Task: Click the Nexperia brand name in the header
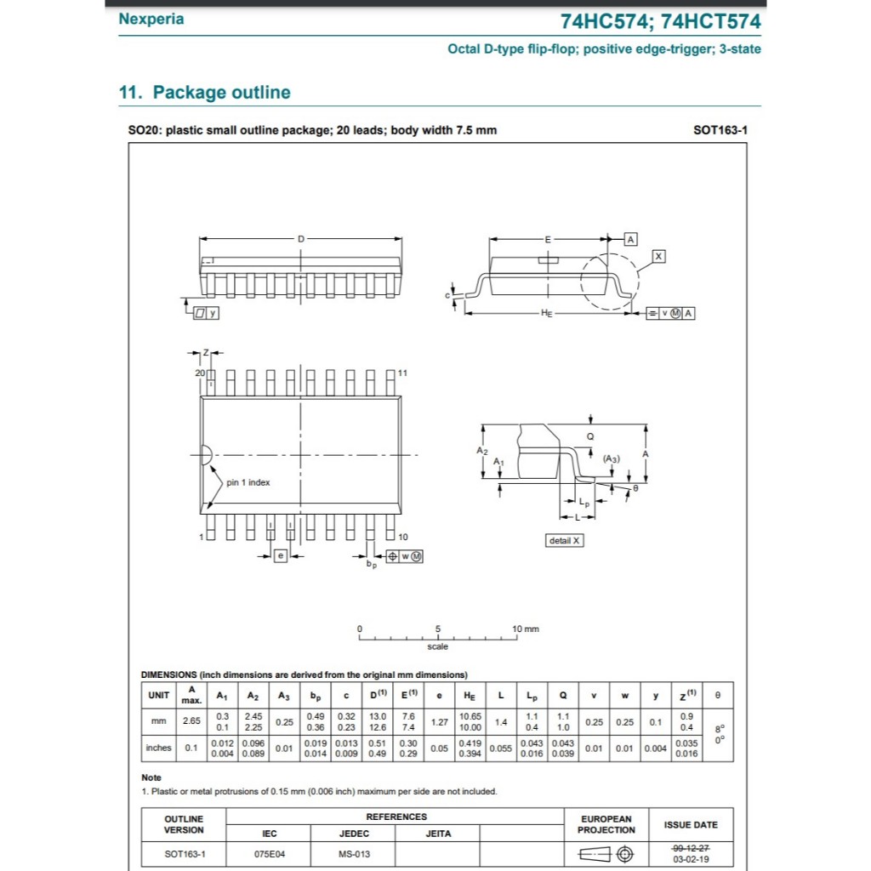tap(151, 19)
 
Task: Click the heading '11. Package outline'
tap(204, 93)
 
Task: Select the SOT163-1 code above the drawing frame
tap(720, 130)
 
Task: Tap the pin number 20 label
tap(200, 373)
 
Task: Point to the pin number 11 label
tap(402, 373)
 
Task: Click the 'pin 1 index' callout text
tap(248, 482)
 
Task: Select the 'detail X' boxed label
tap(565, 540)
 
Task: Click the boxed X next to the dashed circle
tap(658, 256)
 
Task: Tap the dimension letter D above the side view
tap(300, 239)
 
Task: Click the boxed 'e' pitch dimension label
tap(280, 555)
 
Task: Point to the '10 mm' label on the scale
tap(525, 629)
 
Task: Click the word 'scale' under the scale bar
tap(438, 646)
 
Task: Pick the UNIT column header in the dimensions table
tap(159, 695)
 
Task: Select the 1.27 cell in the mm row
tap(439, 721)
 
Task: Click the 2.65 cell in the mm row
tap(191, 721)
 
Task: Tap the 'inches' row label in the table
tap(159, 748)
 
